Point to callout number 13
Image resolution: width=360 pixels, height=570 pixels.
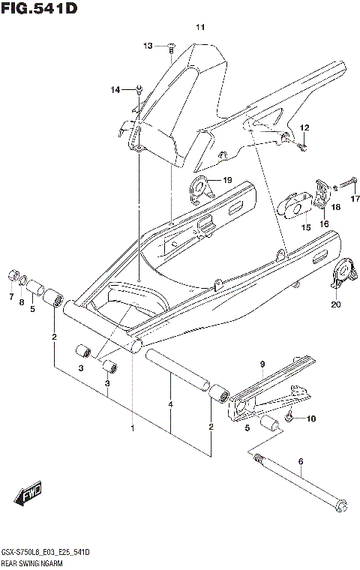click(148, 46)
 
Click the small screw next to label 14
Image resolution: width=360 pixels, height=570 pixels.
click(139, 90)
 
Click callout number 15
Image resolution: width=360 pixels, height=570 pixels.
click(306, 227)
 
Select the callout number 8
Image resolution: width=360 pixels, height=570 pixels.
click(21, 303)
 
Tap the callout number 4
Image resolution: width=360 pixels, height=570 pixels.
click(171, 404)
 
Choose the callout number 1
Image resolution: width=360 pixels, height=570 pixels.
click(133, 429)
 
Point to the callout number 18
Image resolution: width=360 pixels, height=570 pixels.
click(336, 206)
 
